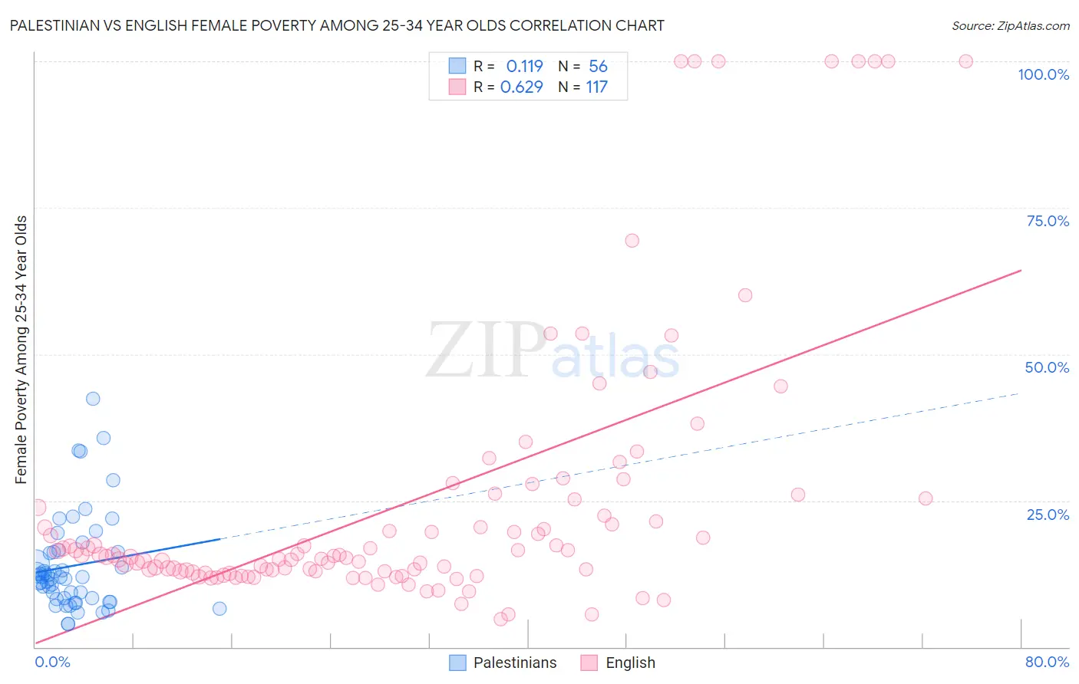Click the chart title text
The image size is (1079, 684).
point(337,25)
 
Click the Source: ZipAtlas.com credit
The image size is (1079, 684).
point(1010,25)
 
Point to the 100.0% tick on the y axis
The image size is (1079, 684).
point(1043,74)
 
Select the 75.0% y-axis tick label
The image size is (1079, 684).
point(1048,221)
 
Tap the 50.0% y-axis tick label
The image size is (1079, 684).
point(1047,367)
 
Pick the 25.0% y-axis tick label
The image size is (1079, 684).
point(1048,514)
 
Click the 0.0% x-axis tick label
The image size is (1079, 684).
point(52,662)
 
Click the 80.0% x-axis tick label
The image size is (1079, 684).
point(1047,662)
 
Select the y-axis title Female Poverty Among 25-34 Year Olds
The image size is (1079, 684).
point(21,350)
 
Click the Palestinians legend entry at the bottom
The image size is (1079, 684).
point(503,663)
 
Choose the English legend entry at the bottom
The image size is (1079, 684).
point(618,663)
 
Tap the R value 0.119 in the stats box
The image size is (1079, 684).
point(524,67)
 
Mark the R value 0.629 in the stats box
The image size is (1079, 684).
point(521,87)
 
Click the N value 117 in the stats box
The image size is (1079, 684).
point(596,87)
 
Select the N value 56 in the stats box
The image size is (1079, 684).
point(598,67)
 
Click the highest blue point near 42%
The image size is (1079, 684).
point(93,399)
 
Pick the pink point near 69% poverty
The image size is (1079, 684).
point(632,241)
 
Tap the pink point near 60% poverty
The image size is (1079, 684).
point(744,295)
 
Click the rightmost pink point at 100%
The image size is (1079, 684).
point(965,61)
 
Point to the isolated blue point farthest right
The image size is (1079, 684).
point(219,609)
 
